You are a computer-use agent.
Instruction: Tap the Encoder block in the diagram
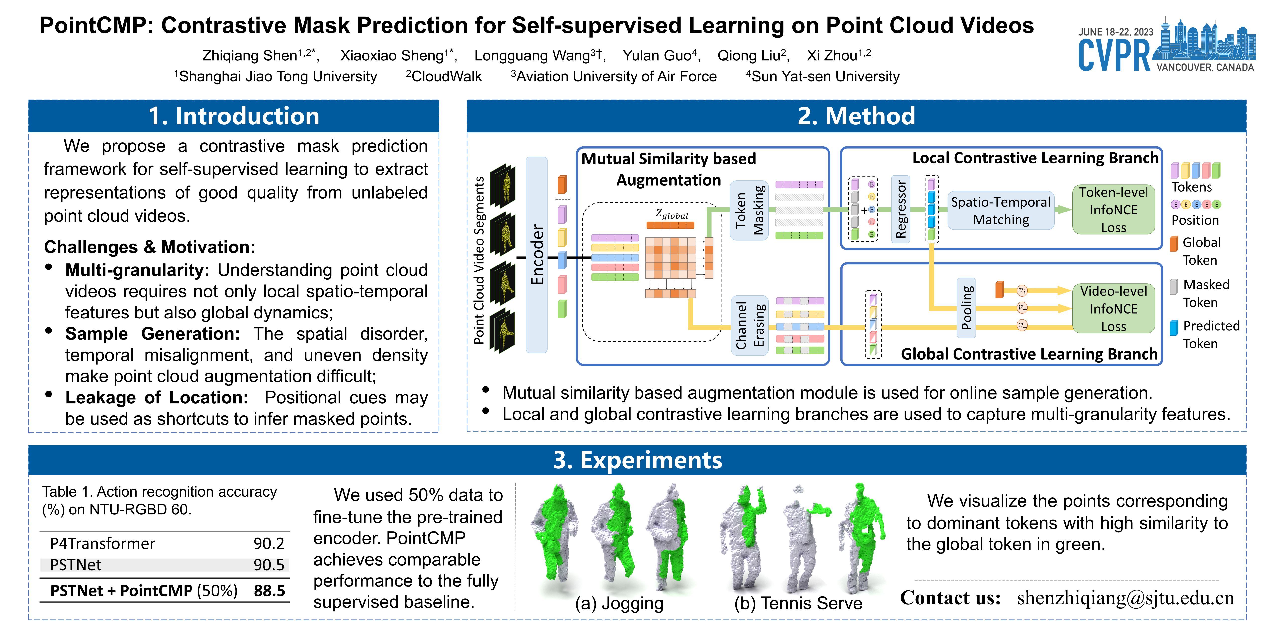click(537, 255)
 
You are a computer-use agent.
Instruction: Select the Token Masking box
click(749, 210)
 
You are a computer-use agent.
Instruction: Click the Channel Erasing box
click(749, 325)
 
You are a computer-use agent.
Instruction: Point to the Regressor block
click(901, 209)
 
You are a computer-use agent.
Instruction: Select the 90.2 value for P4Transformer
click(269, 543)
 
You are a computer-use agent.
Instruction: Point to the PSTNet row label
click(76, 565)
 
